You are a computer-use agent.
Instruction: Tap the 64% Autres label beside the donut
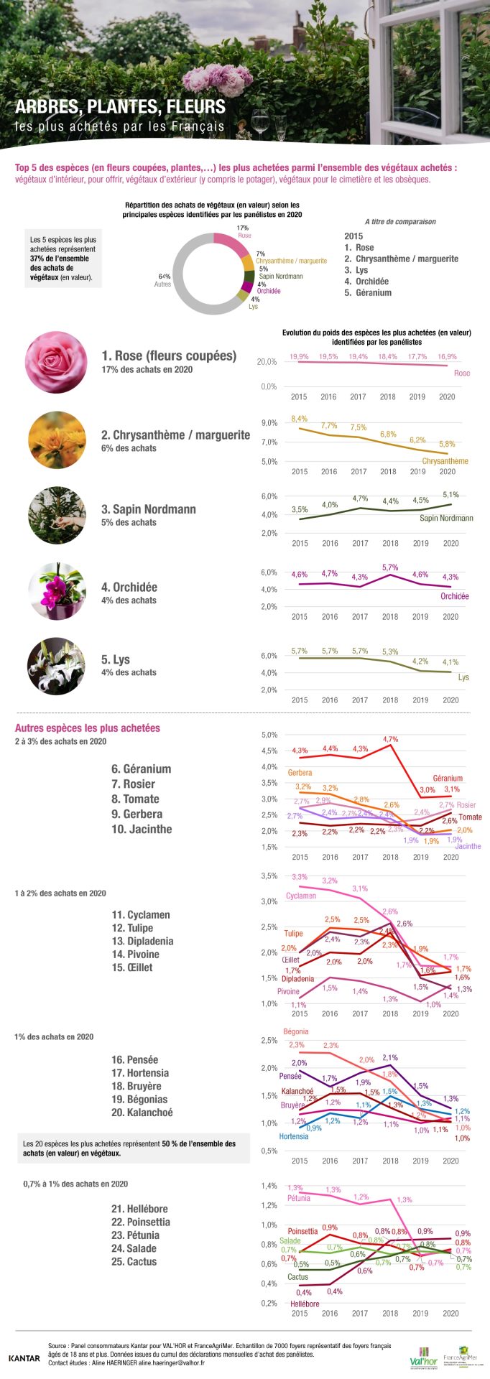pos(164,280)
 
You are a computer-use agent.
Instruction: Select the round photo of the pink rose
pos(56,362)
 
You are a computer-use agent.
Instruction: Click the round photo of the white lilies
pos(56,666)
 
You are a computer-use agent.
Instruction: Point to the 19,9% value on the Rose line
pos(299,356)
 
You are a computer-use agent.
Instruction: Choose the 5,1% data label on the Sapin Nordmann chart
pos(450,494)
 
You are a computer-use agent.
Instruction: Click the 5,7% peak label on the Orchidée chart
pos(390,567)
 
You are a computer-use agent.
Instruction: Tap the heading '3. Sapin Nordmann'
pos(149,509)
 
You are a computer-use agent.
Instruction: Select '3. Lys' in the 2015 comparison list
pos(356,270)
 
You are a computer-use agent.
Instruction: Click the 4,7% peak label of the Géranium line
pos(390,738)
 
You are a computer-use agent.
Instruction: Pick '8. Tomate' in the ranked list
pos(135,799)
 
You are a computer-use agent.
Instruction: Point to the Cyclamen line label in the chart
pos(300,896)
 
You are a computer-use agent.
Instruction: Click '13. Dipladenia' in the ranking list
pos(142,941)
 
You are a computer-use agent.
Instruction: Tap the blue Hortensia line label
pos(293,1136)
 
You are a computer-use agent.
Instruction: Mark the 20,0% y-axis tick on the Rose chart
pos(267,362)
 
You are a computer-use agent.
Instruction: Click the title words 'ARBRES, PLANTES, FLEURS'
pos(120,107)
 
